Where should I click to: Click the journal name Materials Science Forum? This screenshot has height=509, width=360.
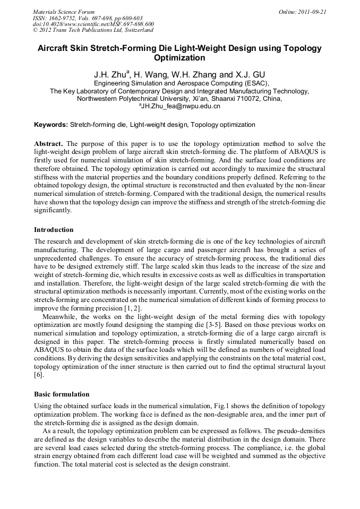[x=64, y=12]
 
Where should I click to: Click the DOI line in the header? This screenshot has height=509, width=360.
[x=93, y=24]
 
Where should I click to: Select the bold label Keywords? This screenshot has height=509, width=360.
[x=51, y=125]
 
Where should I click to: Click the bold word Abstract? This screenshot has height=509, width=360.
[x=49, y=144]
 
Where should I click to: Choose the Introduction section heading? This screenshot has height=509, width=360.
[x=54, y=230]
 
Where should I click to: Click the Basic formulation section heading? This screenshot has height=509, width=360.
[x=62, y=394]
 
